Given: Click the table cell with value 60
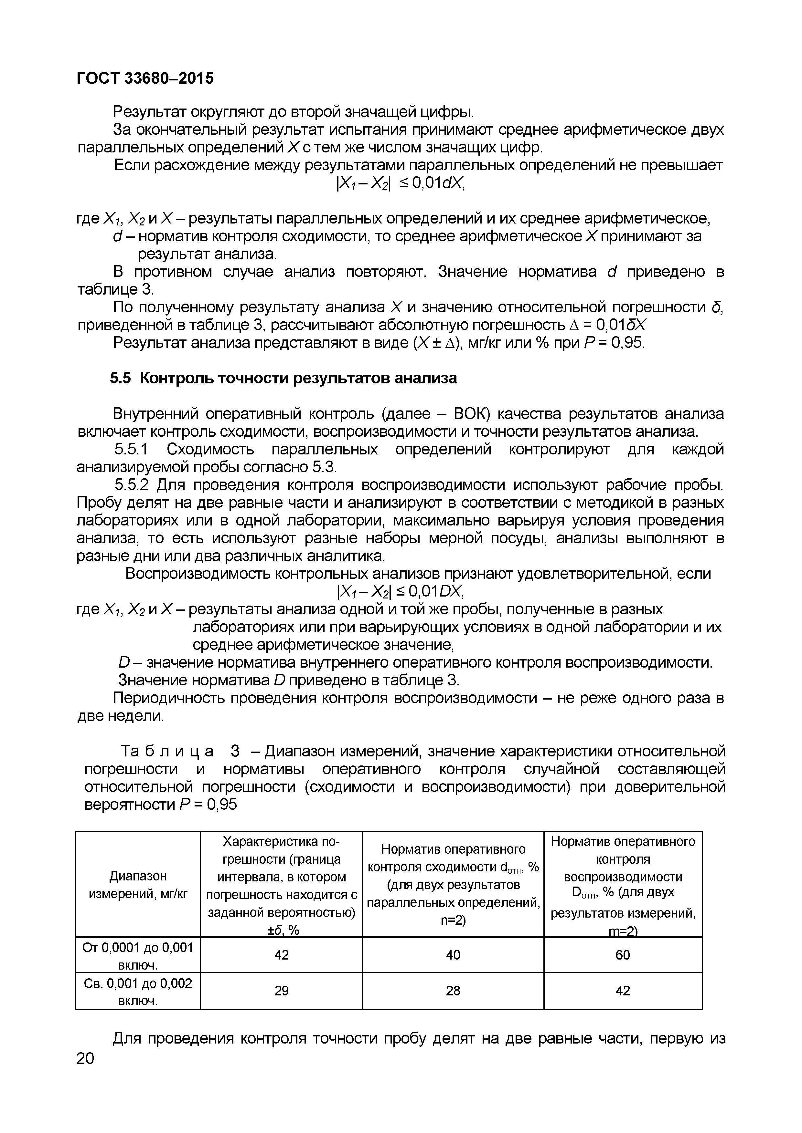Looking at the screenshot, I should pyautogui.click(x=622, y=955).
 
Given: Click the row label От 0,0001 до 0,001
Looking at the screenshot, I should pyautogui.click(x=138, y=955).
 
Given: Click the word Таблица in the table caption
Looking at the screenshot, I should pyautogui.click(x=167, y=751).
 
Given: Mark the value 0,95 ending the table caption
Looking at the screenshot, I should pyautogui.click(x=222, y=804).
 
